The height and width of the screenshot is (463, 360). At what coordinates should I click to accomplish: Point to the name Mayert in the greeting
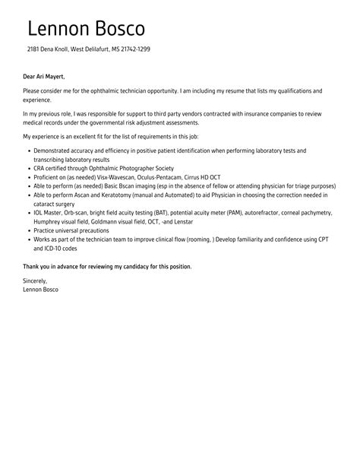pyautogui.click(x=54, y=76)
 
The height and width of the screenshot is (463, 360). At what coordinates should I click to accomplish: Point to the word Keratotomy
pyautogui.click(x=122, y=195)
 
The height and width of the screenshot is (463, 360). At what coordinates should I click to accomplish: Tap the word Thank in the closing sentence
pyautogui.click(x=32, y=266)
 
